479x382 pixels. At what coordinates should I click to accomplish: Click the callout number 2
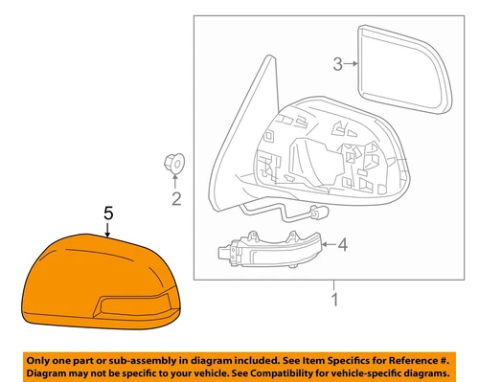click(x=175, y=199)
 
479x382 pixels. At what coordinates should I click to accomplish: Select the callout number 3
click(x=337, y=65)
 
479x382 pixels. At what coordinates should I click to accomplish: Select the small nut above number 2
click(x=173, y=166)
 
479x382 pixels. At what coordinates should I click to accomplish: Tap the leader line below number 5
click(x=108, y=230)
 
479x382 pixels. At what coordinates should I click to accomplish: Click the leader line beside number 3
click(x=352, y=64)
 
